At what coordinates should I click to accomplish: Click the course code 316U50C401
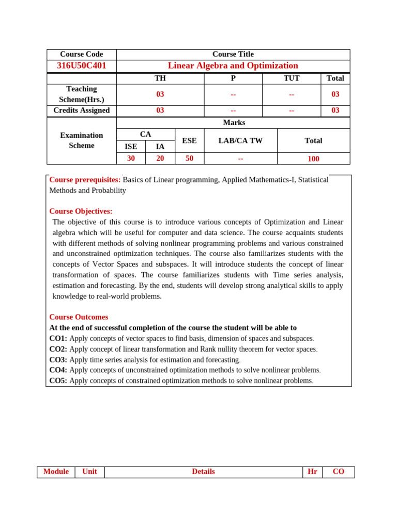(x=82, y=66)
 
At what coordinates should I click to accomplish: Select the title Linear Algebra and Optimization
(x=233, y=66)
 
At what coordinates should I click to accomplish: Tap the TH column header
(x=160, y=79)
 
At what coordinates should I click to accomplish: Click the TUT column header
(x=292, y=79)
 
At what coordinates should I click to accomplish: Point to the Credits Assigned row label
(x=82, y=111)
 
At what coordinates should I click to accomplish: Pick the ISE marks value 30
(x=131, y=159)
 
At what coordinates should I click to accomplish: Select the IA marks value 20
(x=160, y=159)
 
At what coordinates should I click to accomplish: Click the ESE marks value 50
(x=189, y=159)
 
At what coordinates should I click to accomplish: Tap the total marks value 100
(x=313, y=159)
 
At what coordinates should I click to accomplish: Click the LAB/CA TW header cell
(x=240, y=141)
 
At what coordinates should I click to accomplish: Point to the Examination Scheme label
(x=82, y=141)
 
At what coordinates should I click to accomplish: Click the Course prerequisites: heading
(x=85, y=180)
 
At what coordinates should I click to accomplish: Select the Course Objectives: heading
(x=81, y=211)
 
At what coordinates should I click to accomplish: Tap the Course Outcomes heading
(x=79, y=317)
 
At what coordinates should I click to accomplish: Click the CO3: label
(x=58, y=360)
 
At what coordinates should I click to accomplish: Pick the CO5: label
(x=58, y=381)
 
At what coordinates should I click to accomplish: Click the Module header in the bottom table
(x=56, y=472)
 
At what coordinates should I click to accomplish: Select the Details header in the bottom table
(x=203, y=472)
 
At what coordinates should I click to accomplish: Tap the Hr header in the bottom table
(x=312, y=472)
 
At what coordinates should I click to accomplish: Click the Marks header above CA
(x=234, y=123)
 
